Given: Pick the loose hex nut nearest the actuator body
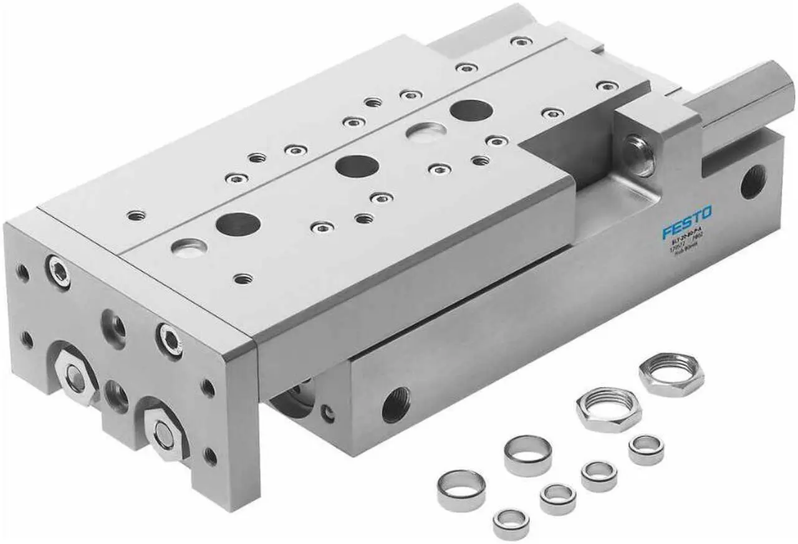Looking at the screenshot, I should (x=671, y=376).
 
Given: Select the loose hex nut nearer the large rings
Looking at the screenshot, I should (x=608, y=408).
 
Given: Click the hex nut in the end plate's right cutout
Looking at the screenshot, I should (x=163, y=430).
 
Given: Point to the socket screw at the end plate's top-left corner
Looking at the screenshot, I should (x=57, y=272).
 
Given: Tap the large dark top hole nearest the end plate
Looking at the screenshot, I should (x=239, y=223).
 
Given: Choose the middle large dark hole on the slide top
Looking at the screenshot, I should (x=357, y=166).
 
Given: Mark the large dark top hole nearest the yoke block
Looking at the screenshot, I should (x=470, y=111).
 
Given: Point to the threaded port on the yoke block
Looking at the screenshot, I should (x=638, y=150).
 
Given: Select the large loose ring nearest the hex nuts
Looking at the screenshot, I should (x=527, y=456).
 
